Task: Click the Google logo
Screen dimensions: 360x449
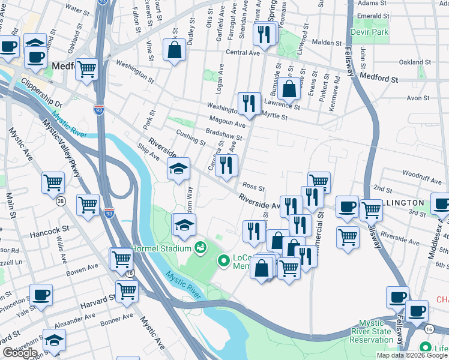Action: pyautogui.click(x=20, y=353)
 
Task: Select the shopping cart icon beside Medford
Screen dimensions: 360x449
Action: pyautogui.click(x=86, y=69)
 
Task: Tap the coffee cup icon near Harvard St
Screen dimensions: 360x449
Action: pyautogui.click(x=41, y=295)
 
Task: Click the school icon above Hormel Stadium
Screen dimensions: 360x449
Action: pyautogui.click(x=184, y=225)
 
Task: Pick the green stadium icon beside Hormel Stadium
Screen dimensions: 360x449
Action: pyautogui.click(x=200, y=247)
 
